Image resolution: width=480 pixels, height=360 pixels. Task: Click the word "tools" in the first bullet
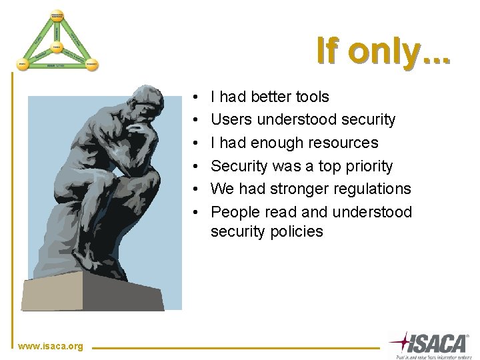[x=311, y=97]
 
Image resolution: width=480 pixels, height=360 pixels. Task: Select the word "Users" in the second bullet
[x=230, y=120]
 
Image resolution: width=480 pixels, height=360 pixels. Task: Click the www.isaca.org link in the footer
[x=51, y=346]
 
